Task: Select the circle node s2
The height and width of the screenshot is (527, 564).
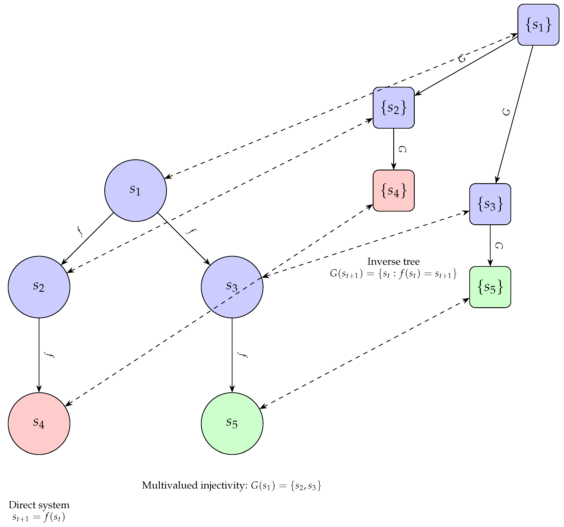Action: (39, 287)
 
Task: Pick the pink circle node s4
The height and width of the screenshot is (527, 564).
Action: (39, 423)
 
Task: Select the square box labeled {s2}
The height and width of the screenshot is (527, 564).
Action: (393, 108)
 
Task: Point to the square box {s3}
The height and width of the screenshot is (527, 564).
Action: (490, 204)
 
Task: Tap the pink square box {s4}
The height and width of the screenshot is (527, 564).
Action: (393, 190)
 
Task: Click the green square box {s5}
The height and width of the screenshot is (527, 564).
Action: (490, 287)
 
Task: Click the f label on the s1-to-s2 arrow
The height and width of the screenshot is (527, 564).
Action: (80, 231)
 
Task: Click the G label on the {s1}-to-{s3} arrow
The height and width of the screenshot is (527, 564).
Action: (506, 112)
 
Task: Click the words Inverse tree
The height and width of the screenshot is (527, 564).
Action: (393, 261)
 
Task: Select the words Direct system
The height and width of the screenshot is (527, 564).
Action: (39, 505)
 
